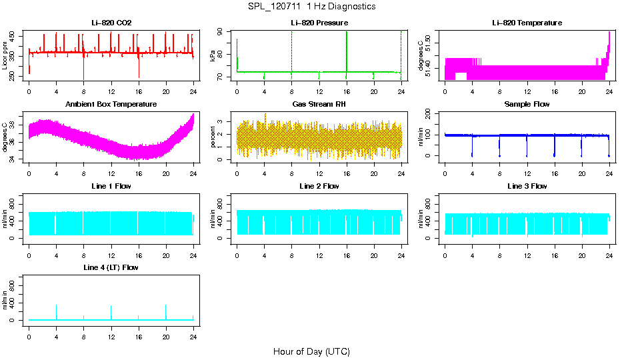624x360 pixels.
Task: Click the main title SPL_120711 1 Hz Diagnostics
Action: (311, 7)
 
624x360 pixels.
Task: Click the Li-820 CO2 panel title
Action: (111, 23)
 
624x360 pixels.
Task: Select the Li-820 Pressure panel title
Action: (319, 23)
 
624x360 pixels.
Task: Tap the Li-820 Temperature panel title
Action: (527, 23)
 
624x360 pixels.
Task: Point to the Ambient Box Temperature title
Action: (111, 105)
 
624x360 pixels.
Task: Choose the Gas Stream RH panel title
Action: (319, 105)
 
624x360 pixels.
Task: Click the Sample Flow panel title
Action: (527, 105)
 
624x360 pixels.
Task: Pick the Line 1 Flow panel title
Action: (111, 186)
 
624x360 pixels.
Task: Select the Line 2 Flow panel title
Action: (319, 186)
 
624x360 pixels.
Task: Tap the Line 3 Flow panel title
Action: (527, 186)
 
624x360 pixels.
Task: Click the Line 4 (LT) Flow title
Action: (111, 267)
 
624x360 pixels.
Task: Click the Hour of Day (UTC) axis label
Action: (311, 351)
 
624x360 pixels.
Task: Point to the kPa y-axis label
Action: (213, 56)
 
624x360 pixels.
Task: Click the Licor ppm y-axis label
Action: (5, 56)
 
